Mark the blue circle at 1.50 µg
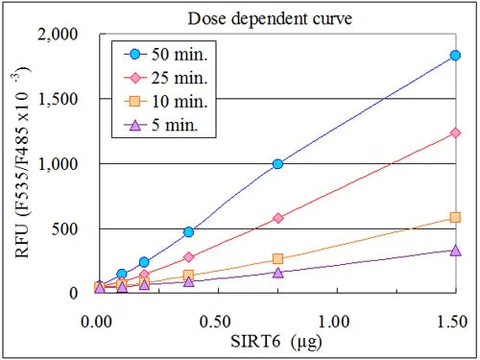455,55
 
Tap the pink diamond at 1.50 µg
455,133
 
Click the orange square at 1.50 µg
455,218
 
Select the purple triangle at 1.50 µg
455,251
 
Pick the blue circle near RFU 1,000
277,164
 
